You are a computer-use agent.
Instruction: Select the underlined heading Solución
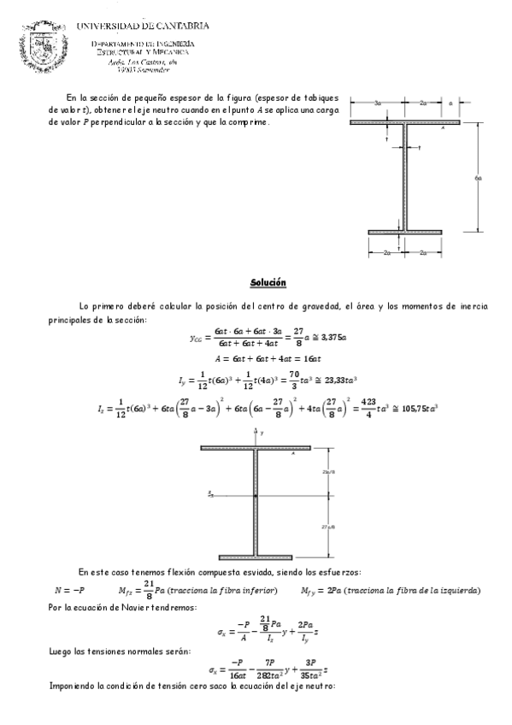268,282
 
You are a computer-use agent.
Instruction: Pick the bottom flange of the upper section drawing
406,231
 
